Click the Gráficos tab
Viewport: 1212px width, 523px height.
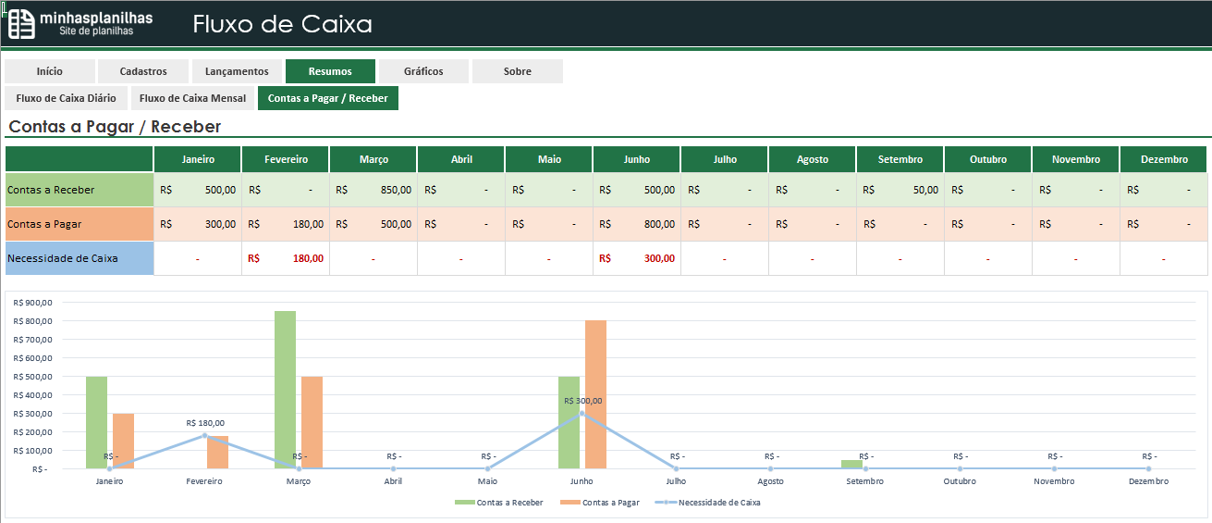[423, 71]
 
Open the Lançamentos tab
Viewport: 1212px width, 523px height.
[237, 71]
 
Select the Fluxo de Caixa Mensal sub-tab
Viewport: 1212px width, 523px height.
[192, 98]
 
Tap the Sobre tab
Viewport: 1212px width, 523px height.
[517, 71]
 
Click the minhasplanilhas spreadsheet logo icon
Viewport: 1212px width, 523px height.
[21, 24]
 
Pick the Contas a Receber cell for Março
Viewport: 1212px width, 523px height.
[373, 190]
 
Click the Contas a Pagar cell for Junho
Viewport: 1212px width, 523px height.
[636, 224]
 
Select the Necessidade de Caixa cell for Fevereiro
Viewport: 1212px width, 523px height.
[285, 258]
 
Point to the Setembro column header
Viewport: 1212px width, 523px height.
[900, 159]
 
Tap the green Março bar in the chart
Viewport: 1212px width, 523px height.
[285, 389]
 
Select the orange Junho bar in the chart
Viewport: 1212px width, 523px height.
[595, 394]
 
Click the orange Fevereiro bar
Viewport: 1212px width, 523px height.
[217, 453]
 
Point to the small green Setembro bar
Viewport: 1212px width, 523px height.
[851, 464]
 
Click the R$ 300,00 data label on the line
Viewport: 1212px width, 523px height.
[582, 401]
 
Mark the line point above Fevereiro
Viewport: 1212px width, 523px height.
[204, 435]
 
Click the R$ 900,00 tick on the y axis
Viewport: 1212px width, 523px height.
[33, 303]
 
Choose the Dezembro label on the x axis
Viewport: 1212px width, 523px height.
[1148, 481]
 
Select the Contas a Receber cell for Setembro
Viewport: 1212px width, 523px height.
[900, 190]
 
